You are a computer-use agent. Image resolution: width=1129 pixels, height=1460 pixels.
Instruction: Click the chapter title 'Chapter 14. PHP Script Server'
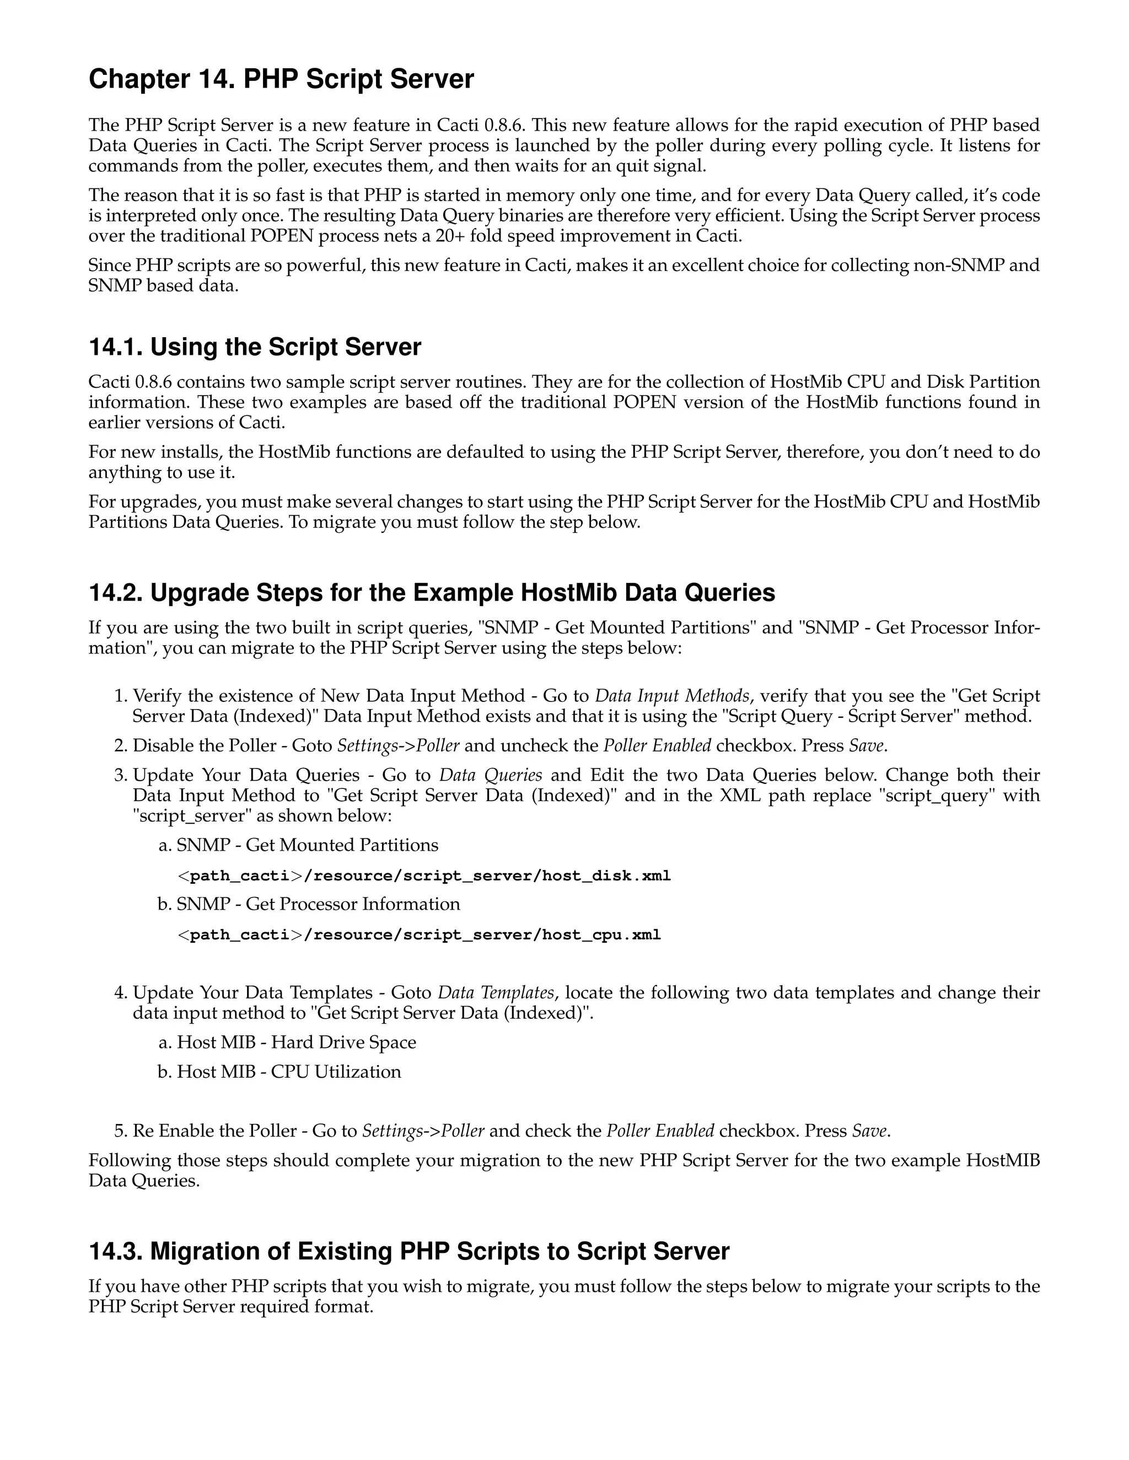tap(281, 79)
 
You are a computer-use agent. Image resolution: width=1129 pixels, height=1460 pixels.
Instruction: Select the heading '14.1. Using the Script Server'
tap(255, 348)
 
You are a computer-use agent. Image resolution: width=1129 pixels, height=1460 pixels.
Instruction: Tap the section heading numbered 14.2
tap(432, 593)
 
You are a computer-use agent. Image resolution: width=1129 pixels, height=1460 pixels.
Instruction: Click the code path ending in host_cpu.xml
tap(420, 934)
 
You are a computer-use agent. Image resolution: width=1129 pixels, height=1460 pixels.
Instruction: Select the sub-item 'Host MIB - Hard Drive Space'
tap(296, 1042)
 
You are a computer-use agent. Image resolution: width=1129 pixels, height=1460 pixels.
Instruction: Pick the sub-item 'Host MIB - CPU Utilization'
tap(289, 1072)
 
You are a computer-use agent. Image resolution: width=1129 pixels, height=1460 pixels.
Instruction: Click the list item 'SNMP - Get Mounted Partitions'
tap(307, 845)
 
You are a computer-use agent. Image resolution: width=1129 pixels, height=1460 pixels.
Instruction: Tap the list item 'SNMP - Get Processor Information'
tap(319, 904)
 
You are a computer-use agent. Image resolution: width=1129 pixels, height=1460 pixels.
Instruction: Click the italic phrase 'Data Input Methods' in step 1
tap(672, 696)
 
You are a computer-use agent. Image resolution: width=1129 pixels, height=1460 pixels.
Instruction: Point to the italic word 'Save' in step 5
tap(869, 1131)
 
